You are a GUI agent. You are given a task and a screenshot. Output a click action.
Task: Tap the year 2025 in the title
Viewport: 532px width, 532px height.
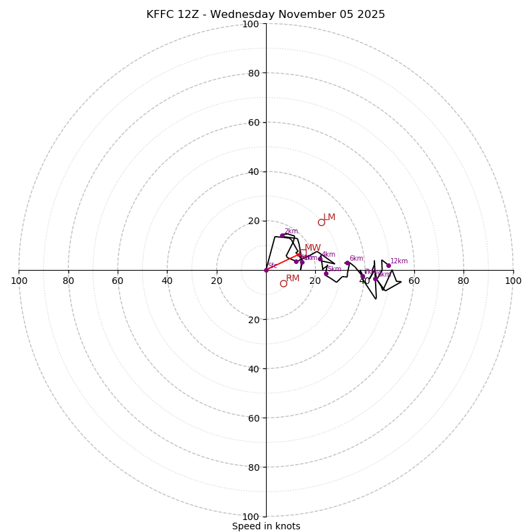372,15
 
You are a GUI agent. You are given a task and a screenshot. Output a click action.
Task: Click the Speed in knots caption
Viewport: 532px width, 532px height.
266,526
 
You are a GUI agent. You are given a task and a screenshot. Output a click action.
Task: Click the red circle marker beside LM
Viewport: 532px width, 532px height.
321,222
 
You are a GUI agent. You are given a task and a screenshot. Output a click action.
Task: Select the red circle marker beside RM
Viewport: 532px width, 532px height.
283,283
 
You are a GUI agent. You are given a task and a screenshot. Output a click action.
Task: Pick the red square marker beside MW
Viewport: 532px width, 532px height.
303,253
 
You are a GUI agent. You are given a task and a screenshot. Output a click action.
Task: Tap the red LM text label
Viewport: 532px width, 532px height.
329,217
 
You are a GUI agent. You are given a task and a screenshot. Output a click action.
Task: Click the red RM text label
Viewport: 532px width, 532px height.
293,279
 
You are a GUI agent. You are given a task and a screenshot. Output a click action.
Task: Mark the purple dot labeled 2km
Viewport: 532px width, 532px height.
282,235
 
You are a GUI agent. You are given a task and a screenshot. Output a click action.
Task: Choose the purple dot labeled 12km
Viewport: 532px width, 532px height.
389,265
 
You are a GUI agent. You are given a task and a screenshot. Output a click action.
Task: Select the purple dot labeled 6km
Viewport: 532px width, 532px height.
347,263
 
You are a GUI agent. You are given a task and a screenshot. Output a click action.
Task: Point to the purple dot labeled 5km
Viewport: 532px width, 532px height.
326,273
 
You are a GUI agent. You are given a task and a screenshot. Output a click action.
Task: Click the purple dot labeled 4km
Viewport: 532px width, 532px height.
320,259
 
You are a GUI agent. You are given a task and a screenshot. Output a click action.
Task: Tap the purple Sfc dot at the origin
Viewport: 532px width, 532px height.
266,270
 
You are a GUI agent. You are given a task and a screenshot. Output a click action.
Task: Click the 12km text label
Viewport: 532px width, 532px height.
399,261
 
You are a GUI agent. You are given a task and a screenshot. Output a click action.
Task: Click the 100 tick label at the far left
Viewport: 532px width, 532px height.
19,281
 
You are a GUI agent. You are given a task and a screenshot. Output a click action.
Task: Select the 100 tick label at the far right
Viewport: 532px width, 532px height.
513,281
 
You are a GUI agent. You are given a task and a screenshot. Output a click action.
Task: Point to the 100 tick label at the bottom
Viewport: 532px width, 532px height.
251,516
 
